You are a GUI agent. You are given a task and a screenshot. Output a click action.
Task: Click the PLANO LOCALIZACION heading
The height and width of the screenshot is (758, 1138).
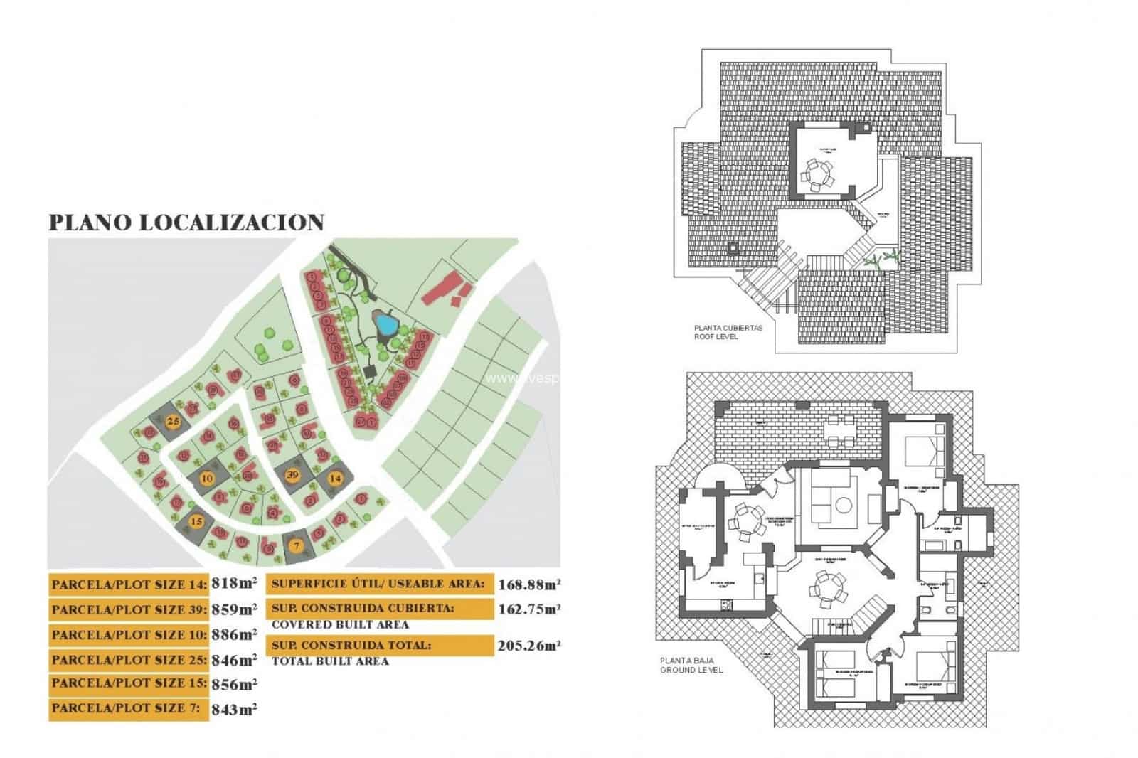(x=186, y=222)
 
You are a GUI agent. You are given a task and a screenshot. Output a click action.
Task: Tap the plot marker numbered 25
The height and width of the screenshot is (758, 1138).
(x=172, y=422)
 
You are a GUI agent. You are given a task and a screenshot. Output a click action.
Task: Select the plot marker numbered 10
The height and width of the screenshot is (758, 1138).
(x=207, y=478)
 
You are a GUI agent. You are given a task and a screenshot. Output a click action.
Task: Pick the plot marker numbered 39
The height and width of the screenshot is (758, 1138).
(x=292, y=474)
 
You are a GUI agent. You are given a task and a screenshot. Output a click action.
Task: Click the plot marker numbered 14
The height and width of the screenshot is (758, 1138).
(x=335, y=479)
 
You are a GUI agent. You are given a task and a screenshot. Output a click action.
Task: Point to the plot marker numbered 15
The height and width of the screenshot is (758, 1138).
(x=196, y=521)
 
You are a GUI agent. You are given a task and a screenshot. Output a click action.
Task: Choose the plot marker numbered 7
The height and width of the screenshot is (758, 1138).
(x=297, y=545)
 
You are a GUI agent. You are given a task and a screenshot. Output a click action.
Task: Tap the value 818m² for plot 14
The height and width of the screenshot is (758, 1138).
(x=234, y=584)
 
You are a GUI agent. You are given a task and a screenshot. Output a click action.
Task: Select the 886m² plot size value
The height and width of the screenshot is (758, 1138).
(x=234, y=634)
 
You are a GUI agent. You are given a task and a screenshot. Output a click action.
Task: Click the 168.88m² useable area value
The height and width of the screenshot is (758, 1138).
(x=529, y=584)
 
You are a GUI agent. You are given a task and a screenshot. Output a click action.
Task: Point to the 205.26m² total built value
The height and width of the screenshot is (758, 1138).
(x=529, y=646)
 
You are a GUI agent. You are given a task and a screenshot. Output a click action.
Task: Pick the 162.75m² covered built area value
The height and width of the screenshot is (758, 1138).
(x=529, y=609)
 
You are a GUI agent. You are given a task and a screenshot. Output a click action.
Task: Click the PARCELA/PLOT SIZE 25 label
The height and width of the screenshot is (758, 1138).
(x=129, y=660)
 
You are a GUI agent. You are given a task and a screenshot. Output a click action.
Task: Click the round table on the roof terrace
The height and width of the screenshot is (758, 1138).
(x=819, y=173)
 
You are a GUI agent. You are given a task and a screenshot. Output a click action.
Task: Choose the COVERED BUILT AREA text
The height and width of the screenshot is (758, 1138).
(x=340, y=625)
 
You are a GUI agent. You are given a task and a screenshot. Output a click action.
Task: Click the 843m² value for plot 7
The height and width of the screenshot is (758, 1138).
(x=234, y=710)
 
